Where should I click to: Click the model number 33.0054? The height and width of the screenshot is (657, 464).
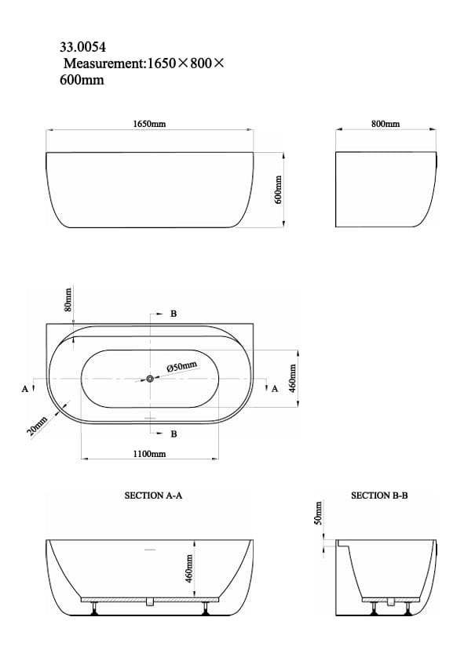pos(82,47)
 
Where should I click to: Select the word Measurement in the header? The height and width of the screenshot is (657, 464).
pos(101,64)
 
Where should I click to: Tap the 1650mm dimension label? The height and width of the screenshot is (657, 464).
pos(149,124)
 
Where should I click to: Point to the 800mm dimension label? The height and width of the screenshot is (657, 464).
pos(385,124)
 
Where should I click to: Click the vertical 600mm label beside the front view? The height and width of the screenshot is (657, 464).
pos(277,189)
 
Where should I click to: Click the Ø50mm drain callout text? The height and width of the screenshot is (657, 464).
pos(182,366)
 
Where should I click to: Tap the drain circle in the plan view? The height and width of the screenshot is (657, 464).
pos(149,379)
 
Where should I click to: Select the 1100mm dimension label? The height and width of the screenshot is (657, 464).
pos(149,454)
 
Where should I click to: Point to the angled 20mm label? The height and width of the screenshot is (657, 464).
pos(37,428)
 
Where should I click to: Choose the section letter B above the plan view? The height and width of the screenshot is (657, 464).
pos(174,314)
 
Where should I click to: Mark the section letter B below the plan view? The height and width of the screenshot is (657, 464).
pos(174,434)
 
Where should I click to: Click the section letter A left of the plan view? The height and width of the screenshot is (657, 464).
pos(25,388)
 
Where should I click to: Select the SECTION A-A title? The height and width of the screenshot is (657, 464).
pos(154,495)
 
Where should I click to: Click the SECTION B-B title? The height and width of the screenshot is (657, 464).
pos(379,495)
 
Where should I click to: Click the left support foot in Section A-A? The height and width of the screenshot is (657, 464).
pos(95,607)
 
